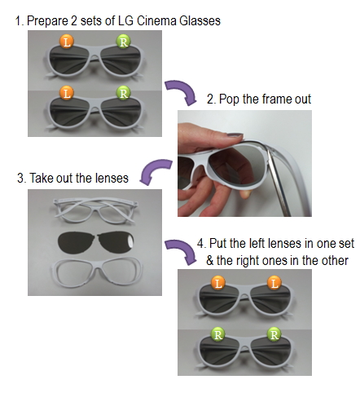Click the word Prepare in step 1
tap(47, 21)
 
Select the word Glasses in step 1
tap(200, 21)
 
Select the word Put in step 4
tap(218, 243)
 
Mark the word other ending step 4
tap(335, 261)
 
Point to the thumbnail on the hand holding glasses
tap(234, 135)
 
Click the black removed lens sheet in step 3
tap(96, 242)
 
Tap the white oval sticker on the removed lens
tap(131, 241)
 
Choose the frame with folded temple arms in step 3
tap(95, 210)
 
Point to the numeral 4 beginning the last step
tap(200, 243)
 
